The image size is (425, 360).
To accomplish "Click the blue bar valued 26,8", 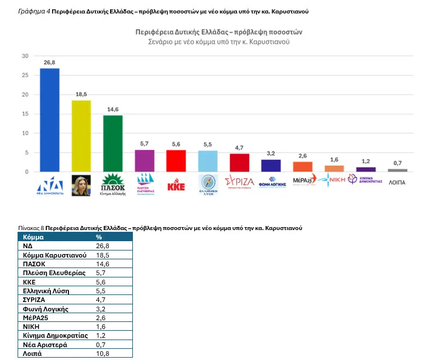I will pos(49,120).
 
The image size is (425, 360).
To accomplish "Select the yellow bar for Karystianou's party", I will pos(81,136).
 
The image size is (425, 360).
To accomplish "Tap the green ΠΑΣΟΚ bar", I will pos(113,143).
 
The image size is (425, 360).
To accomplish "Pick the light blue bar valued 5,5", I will pos(208,161).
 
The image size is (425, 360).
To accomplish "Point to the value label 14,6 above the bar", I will pos(112,109).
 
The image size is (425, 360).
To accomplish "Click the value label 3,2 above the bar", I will pos(271,153).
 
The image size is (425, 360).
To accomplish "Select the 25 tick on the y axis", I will pos(25,76).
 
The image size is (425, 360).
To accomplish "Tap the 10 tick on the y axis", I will pos(25,133).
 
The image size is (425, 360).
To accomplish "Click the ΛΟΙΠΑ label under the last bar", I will pos(397,183).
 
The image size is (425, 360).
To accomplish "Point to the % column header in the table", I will pos(99,237).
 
